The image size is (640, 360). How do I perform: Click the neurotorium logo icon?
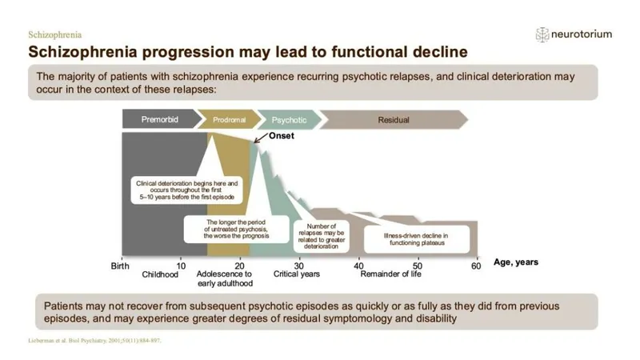click(x=542, y=34)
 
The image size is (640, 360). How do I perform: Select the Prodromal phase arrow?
click(x=229, y=119)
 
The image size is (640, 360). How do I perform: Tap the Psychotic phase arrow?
click(x=289, y=119)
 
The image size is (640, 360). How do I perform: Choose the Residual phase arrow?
click(x=393, y=119)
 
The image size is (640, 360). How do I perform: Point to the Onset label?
click(x=281, y=136)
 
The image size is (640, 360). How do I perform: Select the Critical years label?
click(x=297, y=274)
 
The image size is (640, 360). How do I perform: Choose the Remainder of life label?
click(x=390, y=274)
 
